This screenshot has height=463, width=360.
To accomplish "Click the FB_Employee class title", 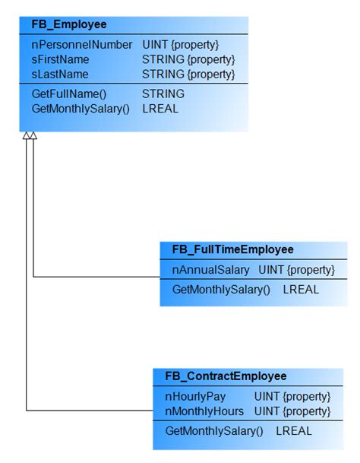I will click(69, 25).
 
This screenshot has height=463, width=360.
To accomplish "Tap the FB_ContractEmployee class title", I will click(226, 376).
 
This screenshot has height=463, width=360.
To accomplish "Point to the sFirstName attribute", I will click(61, 60).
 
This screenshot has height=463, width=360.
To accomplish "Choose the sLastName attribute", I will click(60, 75).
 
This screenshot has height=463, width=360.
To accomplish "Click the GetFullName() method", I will click(69, 94).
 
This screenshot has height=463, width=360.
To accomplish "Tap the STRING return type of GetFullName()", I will click(163, 94).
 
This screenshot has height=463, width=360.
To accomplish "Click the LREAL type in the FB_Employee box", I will click(160, 109).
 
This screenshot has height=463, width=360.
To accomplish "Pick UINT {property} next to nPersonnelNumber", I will click(181, 46).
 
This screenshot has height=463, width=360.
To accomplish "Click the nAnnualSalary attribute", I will click(211, 270).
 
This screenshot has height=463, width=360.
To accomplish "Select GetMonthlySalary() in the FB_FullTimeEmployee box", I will click(221, 290).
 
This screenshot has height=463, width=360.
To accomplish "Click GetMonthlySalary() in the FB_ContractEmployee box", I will click(214, 431).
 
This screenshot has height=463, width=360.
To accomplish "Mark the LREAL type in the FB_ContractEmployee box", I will click(293, 431).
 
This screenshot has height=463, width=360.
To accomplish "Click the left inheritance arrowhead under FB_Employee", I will click(26, 136).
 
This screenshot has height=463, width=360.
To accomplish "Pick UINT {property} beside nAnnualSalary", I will click(297, 270).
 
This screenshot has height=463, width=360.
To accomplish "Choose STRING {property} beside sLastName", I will click(189, 75).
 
